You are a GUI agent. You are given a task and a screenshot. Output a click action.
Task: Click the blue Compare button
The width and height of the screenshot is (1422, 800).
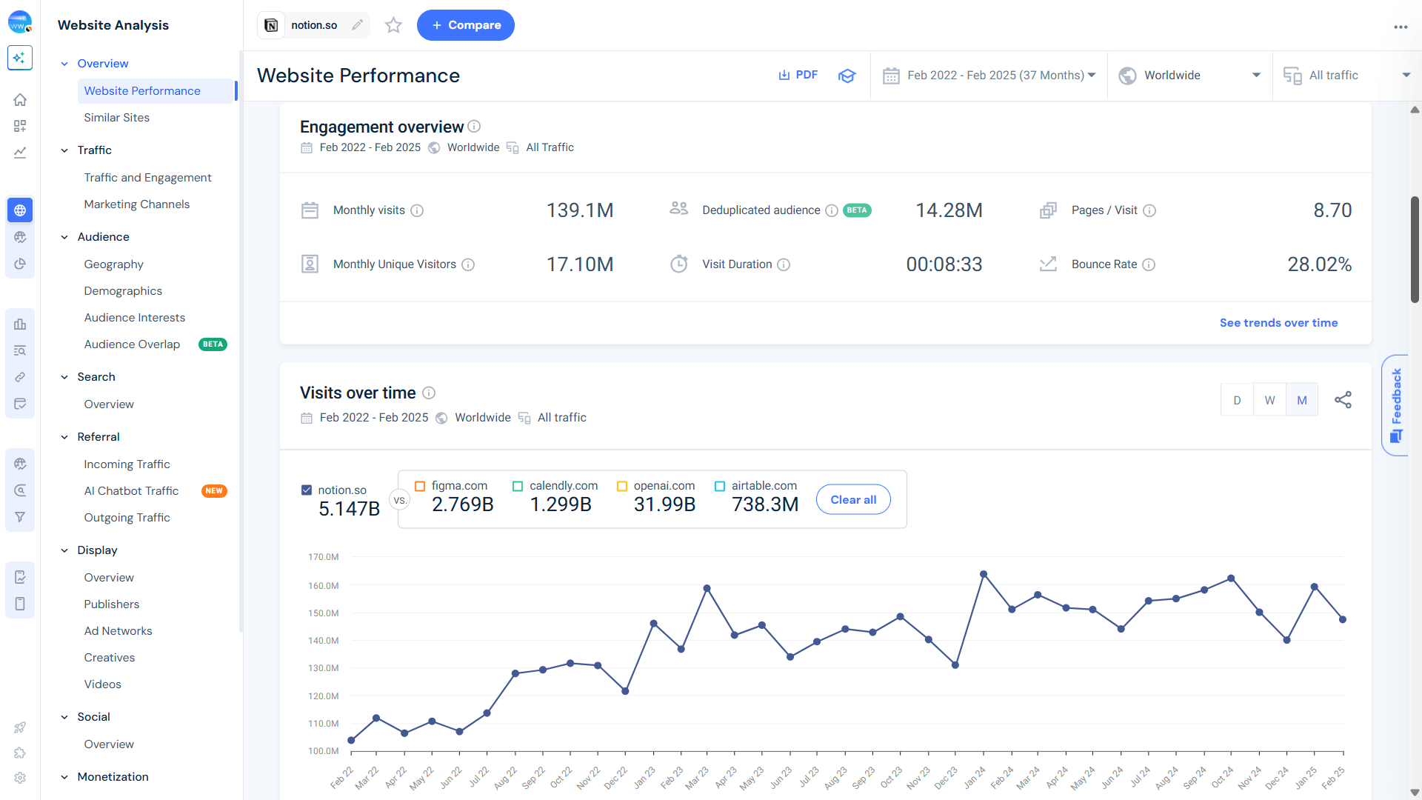[x=465, y=25]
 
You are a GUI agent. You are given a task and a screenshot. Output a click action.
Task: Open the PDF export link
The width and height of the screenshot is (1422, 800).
[x=798, y=75]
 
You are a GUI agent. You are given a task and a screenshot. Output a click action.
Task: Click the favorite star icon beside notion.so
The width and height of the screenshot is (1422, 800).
[x=393, y=25]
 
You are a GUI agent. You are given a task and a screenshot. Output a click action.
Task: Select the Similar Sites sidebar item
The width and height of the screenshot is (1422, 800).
[x=116, y=118]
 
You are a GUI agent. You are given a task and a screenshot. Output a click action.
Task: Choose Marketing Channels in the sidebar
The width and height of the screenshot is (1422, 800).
[x=136, y=204]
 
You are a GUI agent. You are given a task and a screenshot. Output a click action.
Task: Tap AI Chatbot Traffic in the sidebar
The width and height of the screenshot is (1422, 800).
[x=131, y=491]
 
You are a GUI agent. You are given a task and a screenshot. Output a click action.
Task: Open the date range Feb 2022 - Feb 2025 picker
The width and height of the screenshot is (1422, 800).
[x=989, y=76]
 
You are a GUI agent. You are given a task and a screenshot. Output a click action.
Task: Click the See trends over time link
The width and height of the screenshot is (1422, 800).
[x=1278, y=323]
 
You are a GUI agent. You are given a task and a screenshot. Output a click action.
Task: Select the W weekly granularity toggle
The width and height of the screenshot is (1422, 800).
[x=1269, y=400]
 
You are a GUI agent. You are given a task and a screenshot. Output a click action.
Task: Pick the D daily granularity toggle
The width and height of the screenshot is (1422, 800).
[x=1237, y=400]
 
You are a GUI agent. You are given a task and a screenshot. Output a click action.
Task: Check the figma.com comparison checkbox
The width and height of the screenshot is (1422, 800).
[x=420, y=486]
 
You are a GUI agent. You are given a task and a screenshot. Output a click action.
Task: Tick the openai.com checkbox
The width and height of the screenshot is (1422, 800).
[x=622, y=486]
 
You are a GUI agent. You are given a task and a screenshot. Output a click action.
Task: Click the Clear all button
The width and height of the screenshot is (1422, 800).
[x=853, y=500]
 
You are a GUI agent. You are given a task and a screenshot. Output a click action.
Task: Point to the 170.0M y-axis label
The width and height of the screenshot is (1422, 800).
[x=323, y=557]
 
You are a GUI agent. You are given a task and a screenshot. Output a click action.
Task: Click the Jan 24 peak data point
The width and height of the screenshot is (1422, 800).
[x=984, y=574]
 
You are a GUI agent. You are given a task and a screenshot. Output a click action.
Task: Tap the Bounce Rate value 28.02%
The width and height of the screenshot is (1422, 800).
[x=1319, y=264]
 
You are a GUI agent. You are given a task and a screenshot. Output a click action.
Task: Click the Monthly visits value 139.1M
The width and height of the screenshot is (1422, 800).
[x=580, y=210]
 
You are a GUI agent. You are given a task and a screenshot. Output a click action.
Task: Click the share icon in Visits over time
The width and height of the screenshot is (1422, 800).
[x=1343, y=400]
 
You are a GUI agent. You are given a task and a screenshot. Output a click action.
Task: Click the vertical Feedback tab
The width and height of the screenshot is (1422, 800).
[x=1396, y=404]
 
